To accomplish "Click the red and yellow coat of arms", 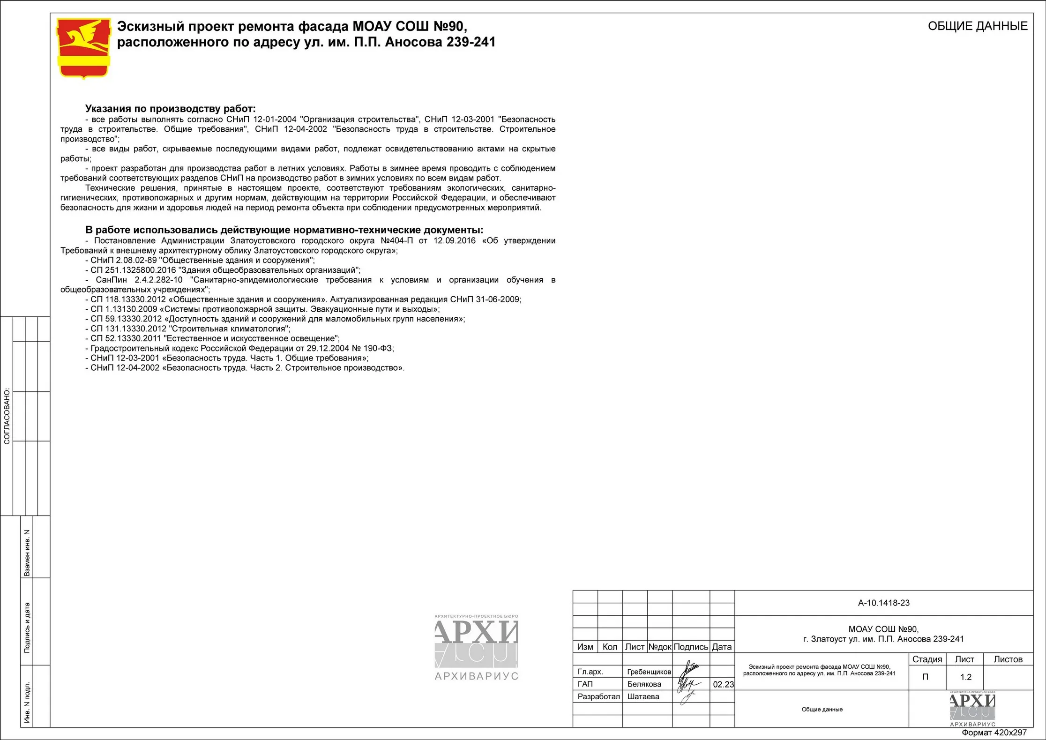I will tap(83, 48).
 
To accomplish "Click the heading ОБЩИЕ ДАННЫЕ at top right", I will tap(978, 26).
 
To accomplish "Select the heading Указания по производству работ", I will tap(170, 109).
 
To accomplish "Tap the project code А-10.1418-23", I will tap(883, 603).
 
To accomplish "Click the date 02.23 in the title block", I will tap(723, 684).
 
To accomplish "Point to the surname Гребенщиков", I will tap(649, 672).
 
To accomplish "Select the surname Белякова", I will tap(644, 684).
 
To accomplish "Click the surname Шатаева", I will tap(643, 697).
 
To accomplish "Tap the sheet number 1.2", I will tap(966, 677).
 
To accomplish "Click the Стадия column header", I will tap(927, 659).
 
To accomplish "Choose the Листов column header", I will tap(1008, 659).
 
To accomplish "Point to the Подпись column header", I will tap(691, 647).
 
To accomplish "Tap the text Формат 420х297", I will tap(994, 733).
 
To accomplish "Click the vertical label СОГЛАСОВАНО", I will tap(7, 416).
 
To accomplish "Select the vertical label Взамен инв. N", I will tap(27, 553).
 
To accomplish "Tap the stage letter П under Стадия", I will tap(925, 677).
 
